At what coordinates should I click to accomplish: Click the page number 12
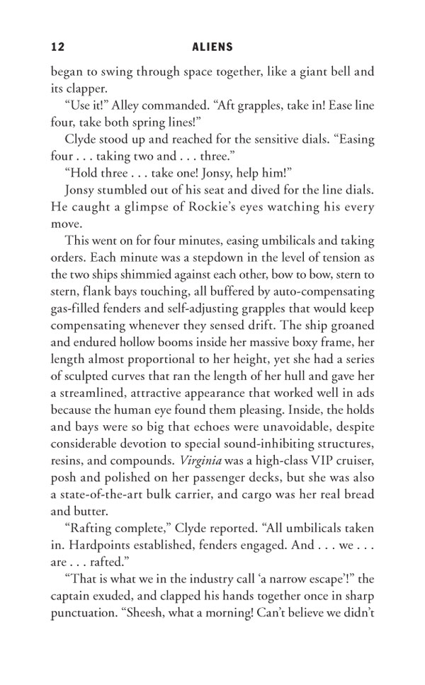[58, 47]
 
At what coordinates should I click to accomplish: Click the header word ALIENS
[212, 47]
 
